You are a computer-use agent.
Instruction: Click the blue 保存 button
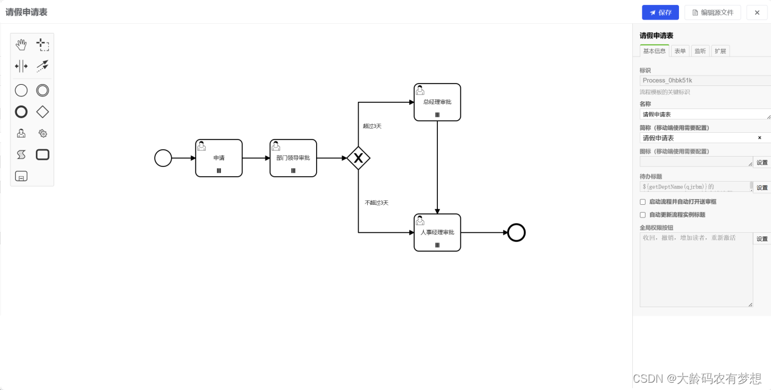coord(660,13)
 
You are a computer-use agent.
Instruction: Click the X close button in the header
coord(757,13)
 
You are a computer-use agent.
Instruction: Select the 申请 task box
coord(219,158)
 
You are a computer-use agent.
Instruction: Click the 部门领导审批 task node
coord(293,158)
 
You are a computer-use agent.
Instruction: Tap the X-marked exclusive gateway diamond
coord(359,158)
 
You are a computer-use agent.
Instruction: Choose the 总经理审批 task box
coord(437,102)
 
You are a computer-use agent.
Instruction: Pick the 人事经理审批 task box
coord(437,232)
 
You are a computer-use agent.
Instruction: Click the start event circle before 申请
coord(163,158)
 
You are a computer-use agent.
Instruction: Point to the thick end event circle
coord(516,233)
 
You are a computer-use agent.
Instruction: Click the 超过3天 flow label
coord(372,126)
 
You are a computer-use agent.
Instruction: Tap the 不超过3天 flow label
coord(376,202)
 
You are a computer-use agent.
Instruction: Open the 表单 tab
coord(680,51)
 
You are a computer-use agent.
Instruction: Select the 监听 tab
coord(700,51)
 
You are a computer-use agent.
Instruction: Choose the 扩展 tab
coord(720,51)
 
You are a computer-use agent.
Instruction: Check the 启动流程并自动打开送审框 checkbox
coord(642,202)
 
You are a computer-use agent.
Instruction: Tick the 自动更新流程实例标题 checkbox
coord(642,215)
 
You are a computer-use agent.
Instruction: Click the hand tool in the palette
coord(21,44)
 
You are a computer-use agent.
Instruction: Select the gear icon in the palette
coord(43,133)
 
